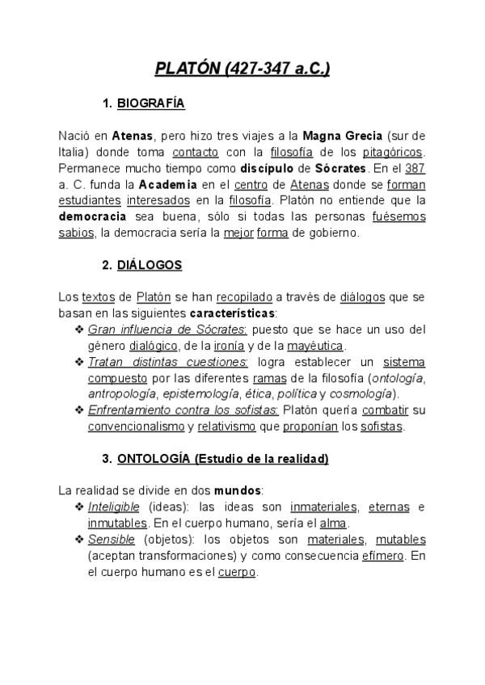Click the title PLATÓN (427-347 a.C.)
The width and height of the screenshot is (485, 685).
[x=242, y=69]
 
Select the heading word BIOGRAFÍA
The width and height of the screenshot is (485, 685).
[x=151, y=103]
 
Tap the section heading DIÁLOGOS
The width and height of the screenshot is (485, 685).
[x=150, y=265]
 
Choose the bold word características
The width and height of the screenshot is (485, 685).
[x=232, y=313]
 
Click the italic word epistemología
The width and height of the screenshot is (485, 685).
[x=206, y=394]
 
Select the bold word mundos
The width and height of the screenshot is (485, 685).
[x=238, y=490]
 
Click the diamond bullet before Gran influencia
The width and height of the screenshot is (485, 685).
[x=79, y=330]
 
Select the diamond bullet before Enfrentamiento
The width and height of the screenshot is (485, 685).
[x=79, y=410]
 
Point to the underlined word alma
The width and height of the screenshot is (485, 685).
[x=334, y=523]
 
